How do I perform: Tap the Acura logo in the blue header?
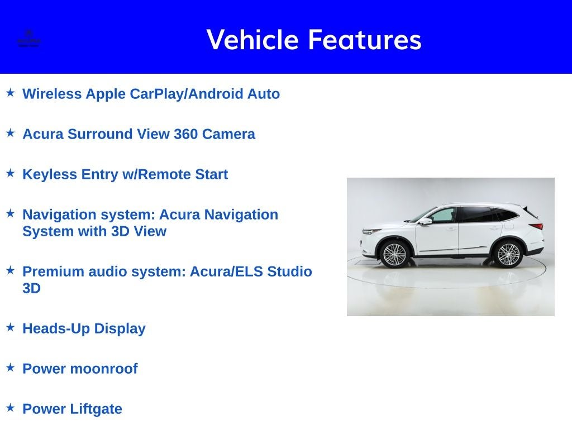28,39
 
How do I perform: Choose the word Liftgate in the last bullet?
96,409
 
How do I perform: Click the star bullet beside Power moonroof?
10,367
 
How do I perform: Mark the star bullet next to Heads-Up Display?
10,327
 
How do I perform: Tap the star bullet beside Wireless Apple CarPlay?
10,92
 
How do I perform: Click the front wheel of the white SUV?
395,254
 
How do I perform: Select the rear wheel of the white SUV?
508,254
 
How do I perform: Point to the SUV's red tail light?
536,226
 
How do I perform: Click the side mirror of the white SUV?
427,221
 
